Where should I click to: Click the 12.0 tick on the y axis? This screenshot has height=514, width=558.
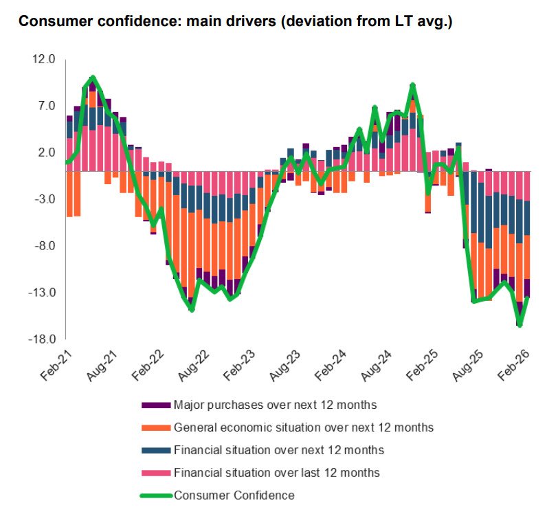(x=42, y=60)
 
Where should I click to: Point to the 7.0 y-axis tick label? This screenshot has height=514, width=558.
(x=45, y=107)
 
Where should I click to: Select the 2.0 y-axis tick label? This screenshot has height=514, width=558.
(x=45, y=153)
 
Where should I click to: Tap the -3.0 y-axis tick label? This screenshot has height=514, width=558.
(x=43, y=200)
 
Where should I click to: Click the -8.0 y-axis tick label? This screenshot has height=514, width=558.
(x=43, y=247)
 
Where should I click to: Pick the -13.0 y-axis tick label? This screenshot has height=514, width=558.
(x=41, y=293)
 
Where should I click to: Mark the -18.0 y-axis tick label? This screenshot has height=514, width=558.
(x=41, y=340)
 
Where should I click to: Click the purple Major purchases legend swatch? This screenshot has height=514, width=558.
(x=156, y=405)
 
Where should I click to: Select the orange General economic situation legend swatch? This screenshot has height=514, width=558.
(x=156, y=427)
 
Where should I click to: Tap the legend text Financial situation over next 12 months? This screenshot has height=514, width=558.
(x=278, y=450)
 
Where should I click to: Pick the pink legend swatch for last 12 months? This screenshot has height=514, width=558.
(x=156, y=473)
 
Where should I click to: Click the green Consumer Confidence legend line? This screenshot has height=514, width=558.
(x=156, y=495)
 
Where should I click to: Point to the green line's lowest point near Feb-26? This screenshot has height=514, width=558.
(x=520, y=325)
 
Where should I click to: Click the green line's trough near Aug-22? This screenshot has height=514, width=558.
(x=192, y=310)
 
